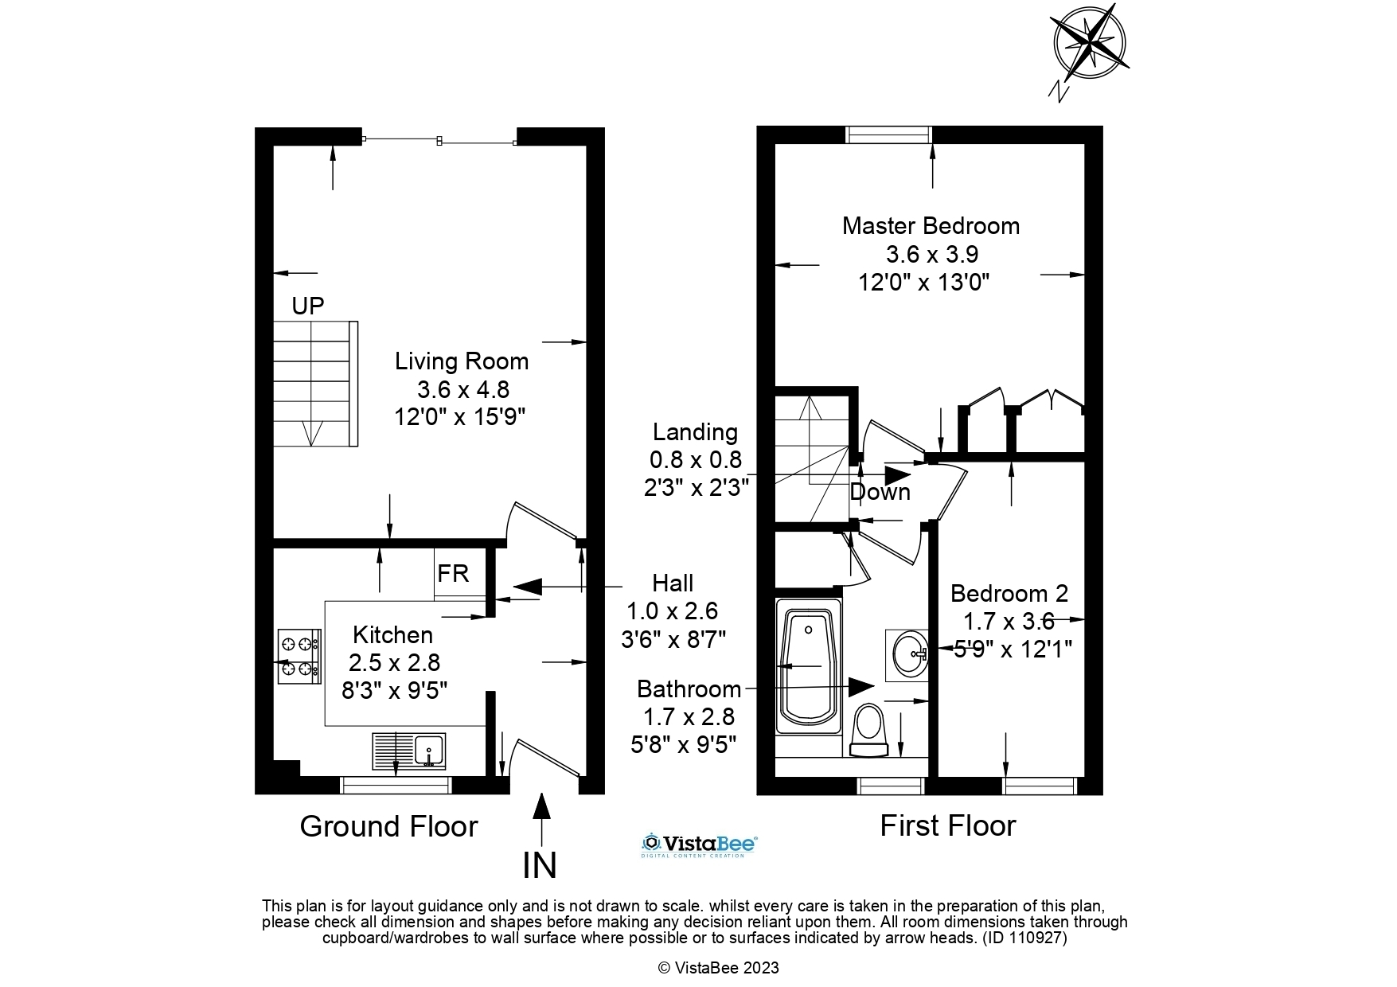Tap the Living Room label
tap(462, 361)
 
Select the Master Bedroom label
tap(931, 226)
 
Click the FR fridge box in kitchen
tap(454, 573)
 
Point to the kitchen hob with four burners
tap(299, 657)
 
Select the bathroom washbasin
tap(908, 654)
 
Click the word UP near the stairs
tap(308, 306)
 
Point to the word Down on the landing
tap(880, 492)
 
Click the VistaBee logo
tap(699, 845)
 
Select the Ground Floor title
tap(388, 827)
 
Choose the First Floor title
tap(947, 826)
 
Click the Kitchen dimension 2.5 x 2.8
tap(395, 662)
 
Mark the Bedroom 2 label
tap(1009, 594)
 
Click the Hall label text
tap(673, 583)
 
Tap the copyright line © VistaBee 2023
tap(718, 968)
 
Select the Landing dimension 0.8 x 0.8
tap(696, 460)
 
